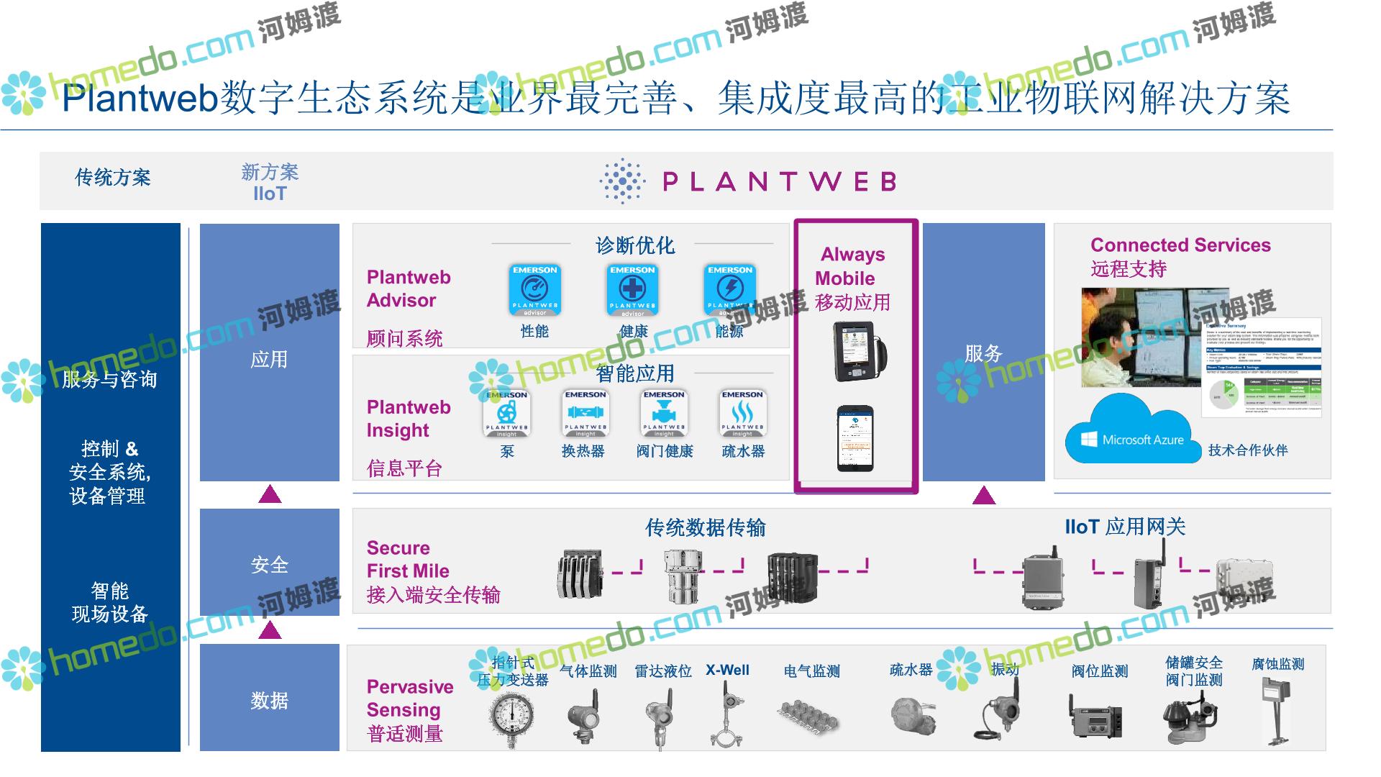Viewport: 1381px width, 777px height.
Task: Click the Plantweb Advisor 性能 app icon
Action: (534, 290)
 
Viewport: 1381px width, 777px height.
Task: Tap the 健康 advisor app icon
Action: (632, 290)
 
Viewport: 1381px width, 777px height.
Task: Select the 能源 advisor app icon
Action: (729, 290)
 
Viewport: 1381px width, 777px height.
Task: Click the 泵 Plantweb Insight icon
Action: (507, 414)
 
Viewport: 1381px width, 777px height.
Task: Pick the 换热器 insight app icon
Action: (585, 414)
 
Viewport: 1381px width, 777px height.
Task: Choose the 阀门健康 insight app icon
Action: (664, 414)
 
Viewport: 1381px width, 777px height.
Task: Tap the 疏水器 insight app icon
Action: (742, 414)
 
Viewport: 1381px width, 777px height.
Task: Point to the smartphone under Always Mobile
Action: (855, 438)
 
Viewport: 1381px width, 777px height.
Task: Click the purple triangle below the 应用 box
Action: (270, 494)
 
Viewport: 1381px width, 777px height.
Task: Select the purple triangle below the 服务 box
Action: (983, 496)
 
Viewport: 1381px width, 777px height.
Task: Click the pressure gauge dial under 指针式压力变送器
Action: (511, 716)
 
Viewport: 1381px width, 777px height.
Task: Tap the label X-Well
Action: (727, 670)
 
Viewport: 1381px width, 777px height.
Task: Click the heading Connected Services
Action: (1180, 245)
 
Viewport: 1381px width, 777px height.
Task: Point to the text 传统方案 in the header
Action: (113, 178)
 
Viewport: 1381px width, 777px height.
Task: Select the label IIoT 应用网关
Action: (1125, 527)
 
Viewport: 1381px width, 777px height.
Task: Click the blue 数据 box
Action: (270, 698)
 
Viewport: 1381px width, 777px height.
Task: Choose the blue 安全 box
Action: (270, 563)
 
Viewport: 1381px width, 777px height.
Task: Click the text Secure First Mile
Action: (408, 560)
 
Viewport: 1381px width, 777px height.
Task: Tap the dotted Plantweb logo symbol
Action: (622, 181)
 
